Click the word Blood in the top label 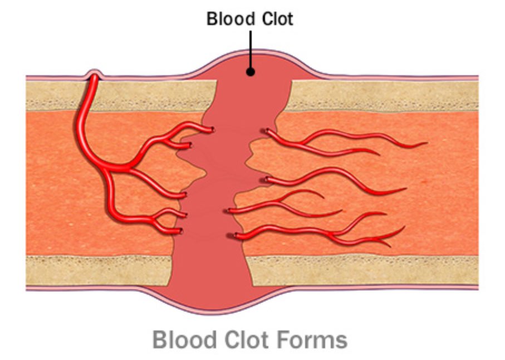227,19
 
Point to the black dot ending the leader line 251,71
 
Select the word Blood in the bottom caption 185,339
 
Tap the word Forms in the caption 312,339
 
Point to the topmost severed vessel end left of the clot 213,130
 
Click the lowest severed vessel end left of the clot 179,230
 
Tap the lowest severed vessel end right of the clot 237,236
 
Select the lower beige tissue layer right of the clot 362,270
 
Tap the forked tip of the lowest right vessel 390,243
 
